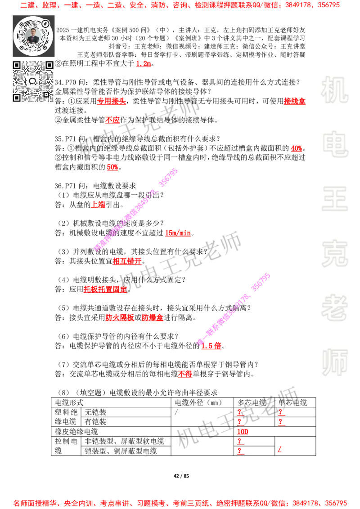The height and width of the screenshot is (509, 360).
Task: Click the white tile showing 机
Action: point(334,90)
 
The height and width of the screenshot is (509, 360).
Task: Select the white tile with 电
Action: point(336,144)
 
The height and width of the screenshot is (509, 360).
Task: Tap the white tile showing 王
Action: point(334,200)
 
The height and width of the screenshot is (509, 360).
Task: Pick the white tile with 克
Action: point(334,254)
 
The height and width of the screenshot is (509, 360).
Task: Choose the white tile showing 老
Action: point(334,308)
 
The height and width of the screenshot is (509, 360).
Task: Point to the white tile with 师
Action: point(334,363)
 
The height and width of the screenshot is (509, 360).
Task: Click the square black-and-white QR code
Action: point(33,81)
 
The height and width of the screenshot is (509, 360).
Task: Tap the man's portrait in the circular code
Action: point(33,36)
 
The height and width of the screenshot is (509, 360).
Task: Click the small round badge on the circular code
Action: point(45,23)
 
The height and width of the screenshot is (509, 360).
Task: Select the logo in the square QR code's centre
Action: point(32,81)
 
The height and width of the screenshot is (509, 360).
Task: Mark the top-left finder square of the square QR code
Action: point(17,65)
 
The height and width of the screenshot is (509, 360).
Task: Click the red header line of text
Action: point(180,5)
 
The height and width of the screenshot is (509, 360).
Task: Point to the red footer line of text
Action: point(180,503)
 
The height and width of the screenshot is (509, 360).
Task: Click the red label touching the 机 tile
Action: point(295,101)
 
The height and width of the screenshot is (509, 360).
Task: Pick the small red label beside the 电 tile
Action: point(296,148)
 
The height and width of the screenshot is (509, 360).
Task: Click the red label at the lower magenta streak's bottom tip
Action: point(211,346)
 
